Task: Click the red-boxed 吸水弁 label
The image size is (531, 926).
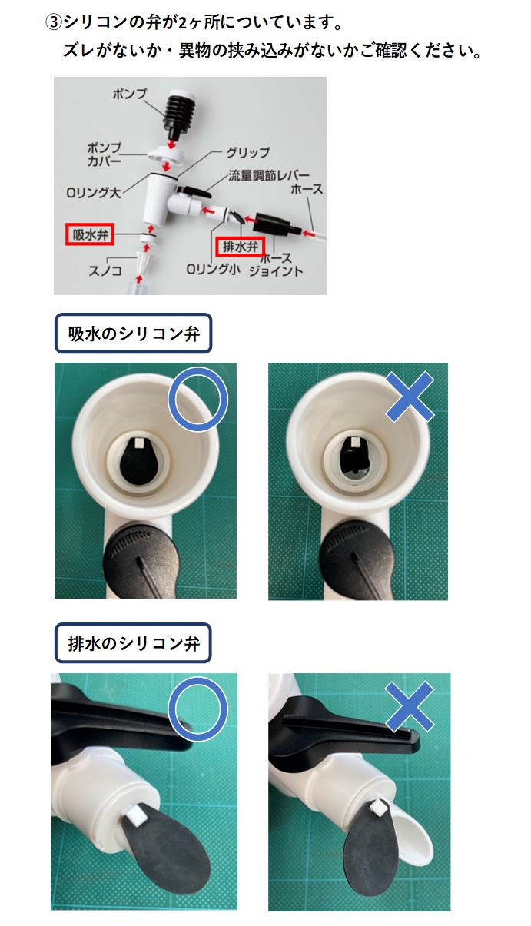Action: pos(88,234)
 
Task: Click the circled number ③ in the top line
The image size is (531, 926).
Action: pos(53,22)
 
